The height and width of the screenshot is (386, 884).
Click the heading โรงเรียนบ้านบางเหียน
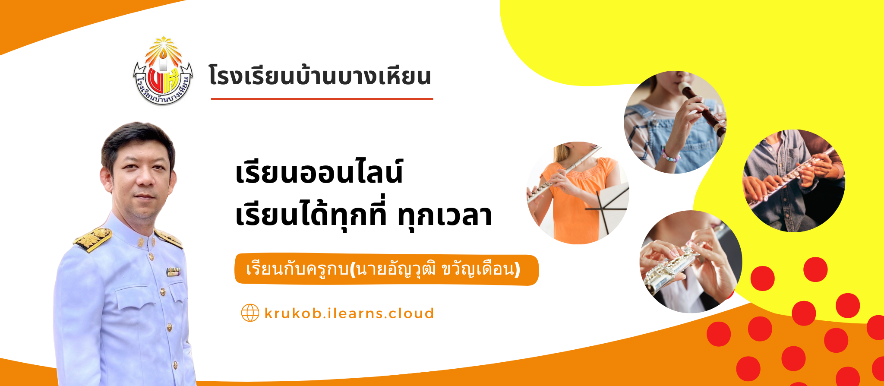tap(320, 76)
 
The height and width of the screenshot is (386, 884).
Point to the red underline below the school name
tap(322, 99)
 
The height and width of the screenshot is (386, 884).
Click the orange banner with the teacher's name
tap(387, 269)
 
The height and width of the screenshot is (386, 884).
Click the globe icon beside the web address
tap(250, 313)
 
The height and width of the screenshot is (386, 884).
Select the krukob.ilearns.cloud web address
tap(349, 313)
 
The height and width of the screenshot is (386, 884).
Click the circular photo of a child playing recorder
tap(676, 122)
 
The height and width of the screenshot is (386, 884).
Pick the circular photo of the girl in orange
tap(578, 193)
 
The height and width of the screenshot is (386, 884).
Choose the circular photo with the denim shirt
tap(794, 181)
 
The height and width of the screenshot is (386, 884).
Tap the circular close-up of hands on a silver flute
tap(691, 262)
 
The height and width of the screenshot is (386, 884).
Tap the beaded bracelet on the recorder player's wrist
tap(671, 155)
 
